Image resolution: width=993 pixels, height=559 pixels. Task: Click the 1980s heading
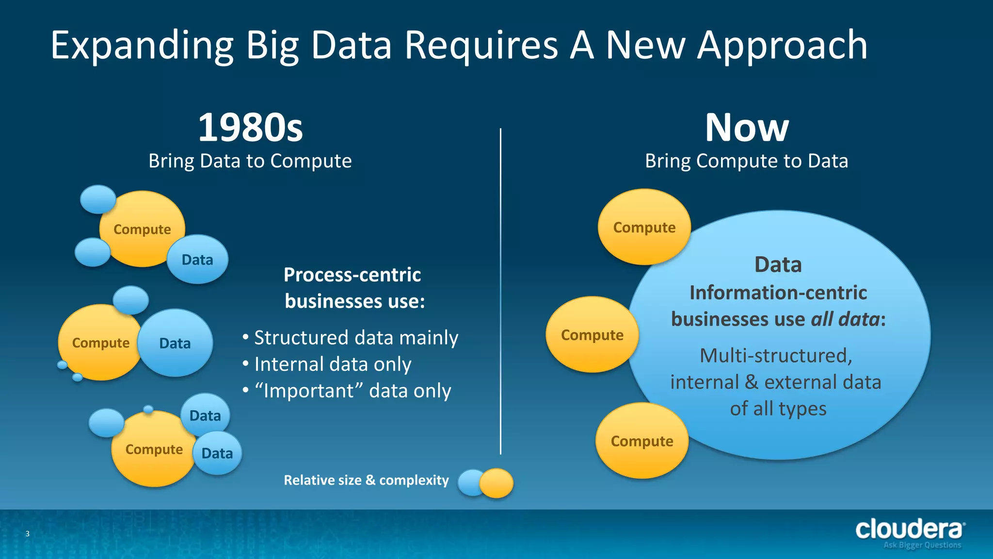coord(250,128)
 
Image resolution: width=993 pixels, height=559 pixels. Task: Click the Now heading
coord(747,128)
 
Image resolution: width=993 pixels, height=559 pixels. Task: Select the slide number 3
coord(28,534)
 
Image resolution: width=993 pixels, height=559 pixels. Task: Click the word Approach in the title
coord(782,45)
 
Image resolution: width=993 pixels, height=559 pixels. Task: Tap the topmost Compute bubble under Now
coord(644,228)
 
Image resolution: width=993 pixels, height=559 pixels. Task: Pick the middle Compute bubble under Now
coord(592,335)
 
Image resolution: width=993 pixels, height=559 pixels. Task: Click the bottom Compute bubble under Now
coord(641,441)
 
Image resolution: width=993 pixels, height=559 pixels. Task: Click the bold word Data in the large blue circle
coord(778,265)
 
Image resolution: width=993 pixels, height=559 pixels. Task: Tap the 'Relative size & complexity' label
coord(366,480)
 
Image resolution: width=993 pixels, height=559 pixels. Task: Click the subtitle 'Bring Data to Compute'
coord(250,161)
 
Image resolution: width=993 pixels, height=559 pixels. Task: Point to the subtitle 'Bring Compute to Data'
coord(747,161)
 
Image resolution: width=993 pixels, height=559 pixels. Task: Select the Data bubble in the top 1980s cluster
coord(197,260)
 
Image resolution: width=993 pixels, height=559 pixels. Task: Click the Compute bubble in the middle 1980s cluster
coord(100,343)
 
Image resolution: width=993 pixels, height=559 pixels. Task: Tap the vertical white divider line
coord(500,291)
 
